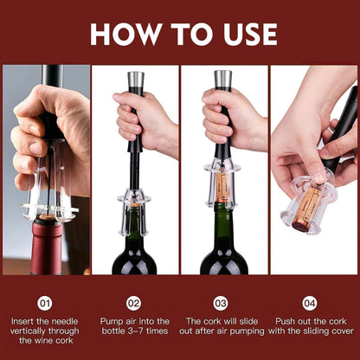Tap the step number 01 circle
pyautogui.click(x=45, y=303)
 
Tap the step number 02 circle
pyautogui.click(x=133, y=303)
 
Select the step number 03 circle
pyautogui.click(x=221, y=303)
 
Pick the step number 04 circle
pyautogui.click(x=309, y=303)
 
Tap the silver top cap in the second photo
pyautogui.click(x=135, y=82)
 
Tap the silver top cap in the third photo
pyautogui.click(x=222, y=82)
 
